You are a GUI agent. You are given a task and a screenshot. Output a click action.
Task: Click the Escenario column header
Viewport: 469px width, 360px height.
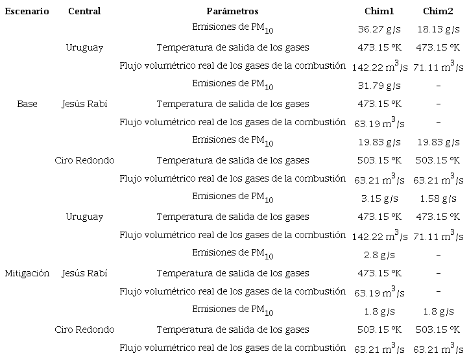27,11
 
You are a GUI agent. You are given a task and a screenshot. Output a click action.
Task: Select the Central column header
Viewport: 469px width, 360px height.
84,11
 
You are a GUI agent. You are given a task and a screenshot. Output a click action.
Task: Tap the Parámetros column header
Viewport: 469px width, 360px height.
232,11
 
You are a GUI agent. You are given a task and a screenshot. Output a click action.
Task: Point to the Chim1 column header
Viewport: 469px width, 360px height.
379,11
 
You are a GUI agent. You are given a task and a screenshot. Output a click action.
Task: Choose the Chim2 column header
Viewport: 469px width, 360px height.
438,11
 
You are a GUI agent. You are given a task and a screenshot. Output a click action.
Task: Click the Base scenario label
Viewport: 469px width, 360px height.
27,104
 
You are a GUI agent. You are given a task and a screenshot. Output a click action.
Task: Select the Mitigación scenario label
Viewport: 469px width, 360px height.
27,273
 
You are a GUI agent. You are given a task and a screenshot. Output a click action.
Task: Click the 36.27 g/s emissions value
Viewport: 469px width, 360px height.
379,29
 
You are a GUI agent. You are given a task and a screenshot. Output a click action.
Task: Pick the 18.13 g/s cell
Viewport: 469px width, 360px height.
438,29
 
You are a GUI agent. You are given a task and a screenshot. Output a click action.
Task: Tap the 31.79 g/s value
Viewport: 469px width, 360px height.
379,86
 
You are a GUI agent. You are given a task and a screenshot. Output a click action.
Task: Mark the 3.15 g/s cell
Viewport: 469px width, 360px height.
379,198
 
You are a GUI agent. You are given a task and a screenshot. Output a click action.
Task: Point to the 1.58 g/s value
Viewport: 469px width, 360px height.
438,198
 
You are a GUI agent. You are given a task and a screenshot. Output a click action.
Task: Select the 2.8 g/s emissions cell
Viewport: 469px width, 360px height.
379,255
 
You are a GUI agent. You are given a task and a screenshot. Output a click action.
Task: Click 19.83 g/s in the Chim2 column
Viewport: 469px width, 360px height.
438,142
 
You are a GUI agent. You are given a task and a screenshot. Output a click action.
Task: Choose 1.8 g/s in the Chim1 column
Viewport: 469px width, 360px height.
379,311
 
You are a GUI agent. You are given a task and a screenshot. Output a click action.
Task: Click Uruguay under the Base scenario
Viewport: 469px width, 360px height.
84,47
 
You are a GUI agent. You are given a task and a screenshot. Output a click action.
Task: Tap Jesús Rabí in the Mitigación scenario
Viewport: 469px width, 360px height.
84,273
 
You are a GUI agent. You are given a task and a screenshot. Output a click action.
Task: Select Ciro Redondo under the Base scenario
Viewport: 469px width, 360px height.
84,160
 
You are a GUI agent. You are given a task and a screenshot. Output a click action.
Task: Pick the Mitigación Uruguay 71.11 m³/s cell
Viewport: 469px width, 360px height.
438,235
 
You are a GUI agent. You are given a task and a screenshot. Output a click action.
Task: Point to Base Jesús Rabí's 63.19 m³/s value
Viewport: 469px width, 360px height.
380,123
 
